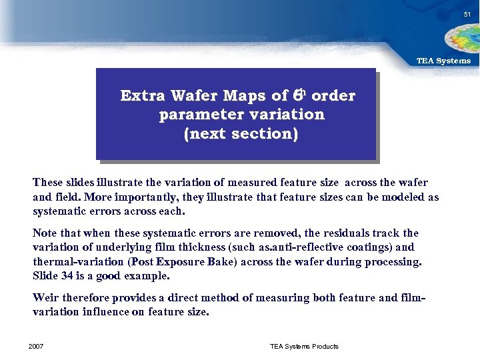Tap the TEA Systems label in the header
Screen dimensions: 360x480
(443, 61)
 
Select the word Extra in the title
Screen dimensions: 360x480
(143, 96)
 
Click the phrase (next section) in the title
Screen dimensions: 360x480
(241, 133)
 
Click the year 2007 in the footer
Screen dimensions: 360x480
(37, 346)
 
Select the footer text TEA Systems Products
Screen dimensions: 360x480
(304, 346)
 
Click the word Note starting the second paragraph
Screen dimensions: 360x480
(45, 233)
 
